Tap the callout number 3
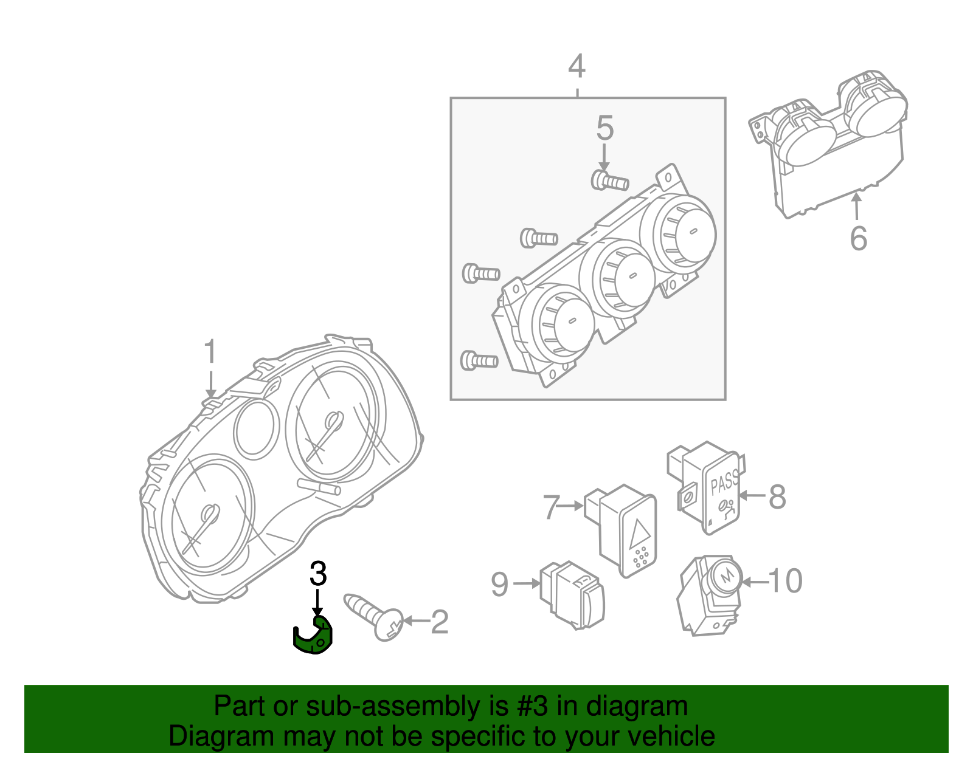tap(318, 574)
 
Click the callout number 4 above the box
tap(577, 66)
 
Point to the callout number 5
tap(604, 128)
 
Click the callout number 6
tap(858, 238)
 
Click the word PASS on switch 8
tap(724, 482)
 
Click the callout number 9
tap(499, 584)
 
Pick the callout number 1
tap(210, 352)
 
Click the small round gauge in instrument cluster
tap(256, 428)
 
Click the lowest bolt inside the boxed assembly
tap(480, 360)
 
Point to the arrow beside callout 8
tap(752, 495)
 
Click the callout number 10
tap(786, 581)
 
